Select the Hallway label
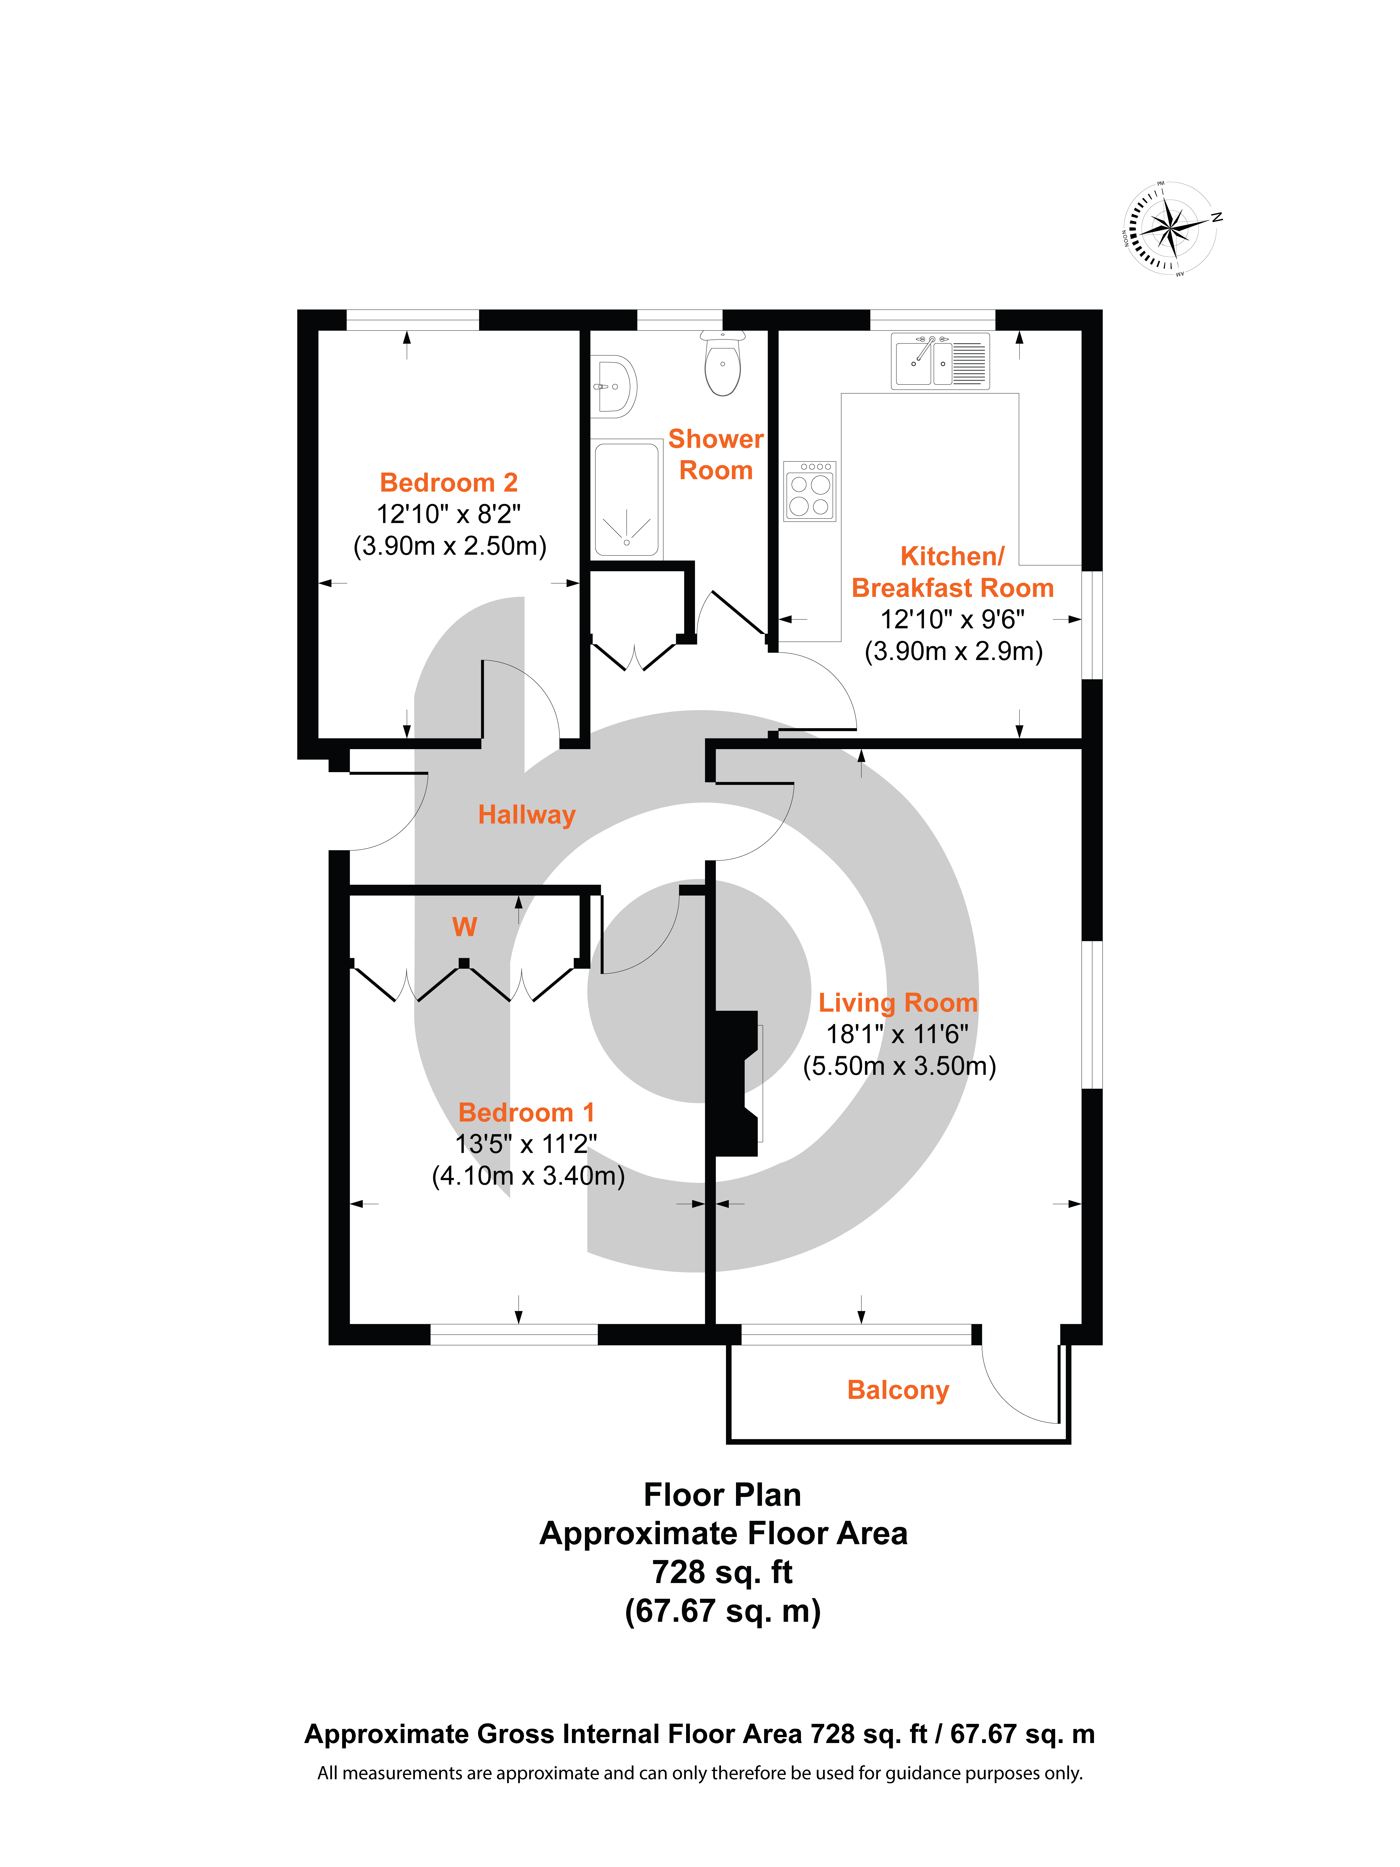[527, 815]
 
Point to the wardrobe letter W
[464, 927]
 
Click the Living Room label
[898, 1003]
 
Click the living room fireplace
[736, 1083]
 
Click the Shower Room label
[716, 454]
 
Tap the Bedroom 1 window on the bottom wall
[514, 1334]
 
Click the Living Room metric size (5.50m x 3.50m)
[899, 1066]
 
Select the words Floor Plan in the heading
[722, 1495]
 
